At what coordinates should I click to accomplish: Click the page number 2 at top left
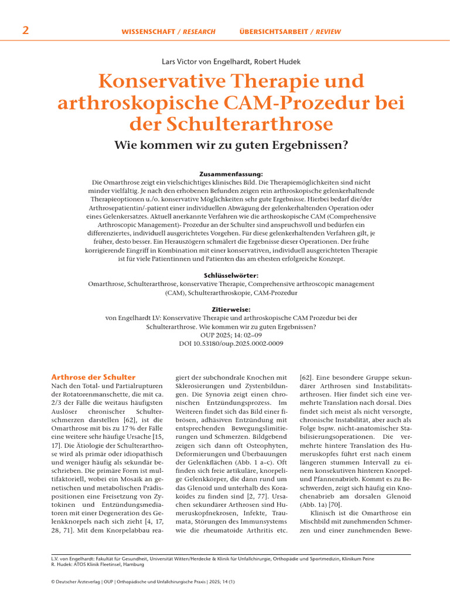25,30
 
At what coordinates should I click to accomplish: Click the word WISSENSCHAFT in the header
147,32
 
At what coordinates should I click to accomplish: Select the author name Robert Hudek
267,61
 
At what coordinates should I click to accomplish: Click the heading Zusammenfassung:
225,173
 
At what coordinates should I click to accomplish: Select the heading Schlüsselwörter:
225,275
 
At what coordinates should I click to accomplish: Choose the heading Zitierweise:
225,309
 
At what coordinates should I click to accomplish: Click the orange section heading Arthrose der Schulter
93,377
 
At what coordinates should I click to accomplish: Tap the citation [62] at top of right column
307,378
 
